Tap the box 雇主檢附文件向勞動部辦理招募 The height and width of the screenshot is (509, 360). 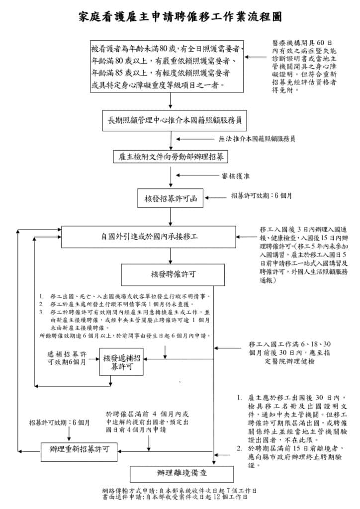point(171,157)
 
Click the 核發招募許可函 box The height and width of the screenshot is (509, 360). point(171,198)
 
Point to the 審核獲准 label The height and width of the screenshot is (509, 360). point(235,175)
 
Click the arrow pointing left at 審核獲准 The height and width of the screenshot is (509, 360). point(195,175)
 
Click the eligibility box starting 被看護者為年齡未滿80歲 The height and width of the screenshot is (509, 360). point(167,67)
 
